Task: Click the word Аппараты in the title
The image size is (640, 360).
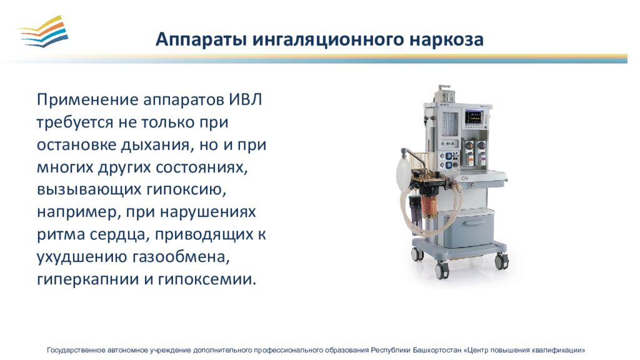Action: point(201,40)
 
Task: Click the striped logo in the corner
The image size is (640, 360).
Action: point(44,31)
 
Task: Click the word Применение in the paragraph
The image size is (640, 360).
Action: point(87,99)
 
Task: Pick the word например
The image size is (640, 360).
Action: point(78,212)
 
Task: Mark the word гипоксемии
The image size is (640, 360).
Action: point(207,279)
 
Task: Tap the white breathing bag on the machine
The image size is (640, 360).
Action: point(402,174)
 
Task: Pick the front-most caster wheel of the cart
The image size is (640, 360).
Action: point(442,271)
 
